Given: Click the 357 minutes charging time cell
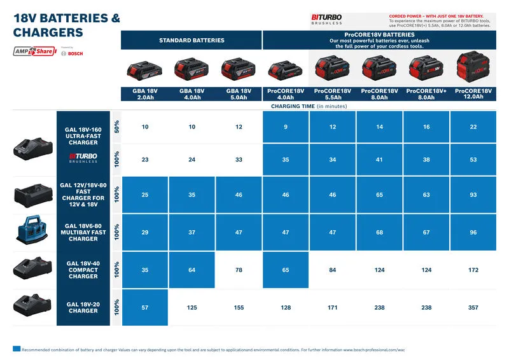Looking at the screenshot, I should pyautogui.click(x=473, y=308).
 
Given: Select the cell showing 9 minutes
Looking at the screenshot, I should pyautogui.click(x=286, y=127).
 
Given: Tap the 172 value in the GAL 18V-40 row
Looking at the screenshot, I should pyautogui.click(x=473, y=270).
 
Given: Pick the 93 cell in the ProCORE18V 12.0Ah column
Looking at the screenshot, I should pyautogui.click(x=473, y=194).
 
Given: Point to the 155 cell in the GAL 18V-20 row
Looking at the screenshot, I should pyautogui.click(x=239, y=308).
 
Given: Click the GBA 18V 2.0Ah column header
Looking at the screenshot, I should pyautogui.click(x=145, y=94).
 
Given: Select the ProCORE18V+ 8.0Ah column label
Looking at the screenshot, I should pyautogui.click(x=426, y=94).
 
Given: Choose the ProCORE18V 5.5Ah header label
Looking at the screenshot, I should pyautogui.click(x=333, y=94).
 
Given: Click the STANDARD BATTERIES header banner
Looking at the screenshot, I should pyautogui.click(x=192, y=40).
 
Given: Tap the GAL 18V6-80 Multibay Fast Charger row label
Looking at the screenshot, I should pyautogui.click(x=83, y=232).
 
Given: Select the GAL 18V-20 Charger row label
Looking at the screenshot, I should pyautogui.click(x=83, y=308).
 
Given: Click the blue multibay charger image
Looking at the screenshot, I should pyautogui.click(x=33, y=232).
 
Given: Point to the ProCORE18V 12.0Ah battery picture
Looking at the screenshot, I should pyautogui.click(x=473, y=67).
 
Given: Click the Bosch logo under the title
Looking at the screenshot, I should pyautogui.click(x=72, y=53).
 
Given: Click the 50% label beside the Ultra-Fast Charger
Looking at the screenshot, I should pyautogui.click(x=116, y=127).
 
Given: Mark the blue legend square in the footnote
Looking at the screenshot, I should pyautogui.click(x=17, y=349).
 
